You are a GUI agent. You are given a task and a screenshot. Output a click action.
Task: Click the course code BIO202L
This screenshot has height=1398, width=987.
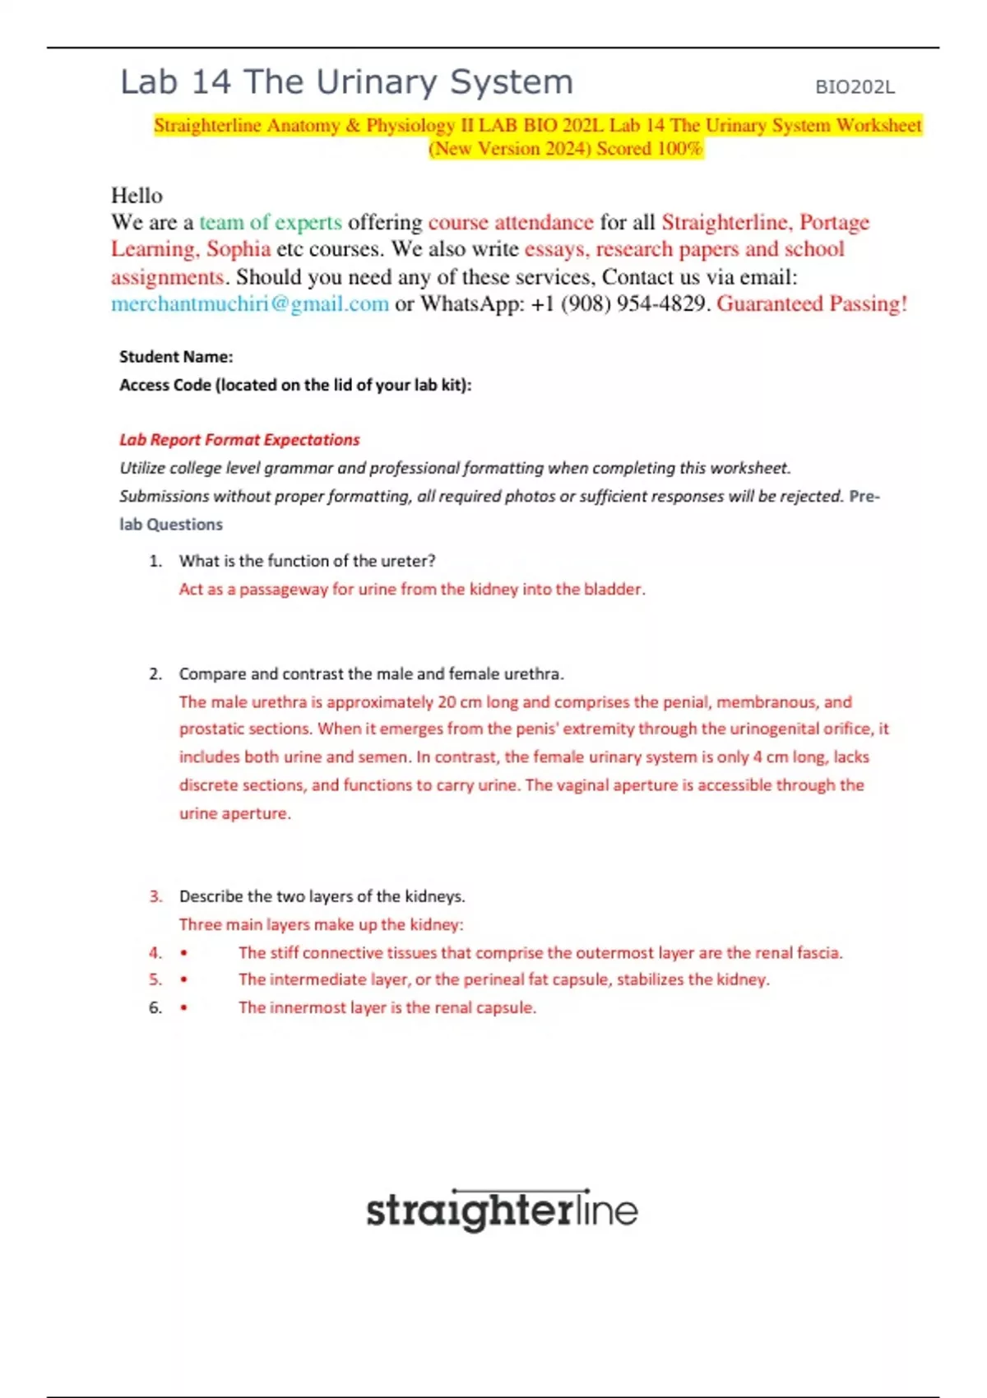[x=855, y=87]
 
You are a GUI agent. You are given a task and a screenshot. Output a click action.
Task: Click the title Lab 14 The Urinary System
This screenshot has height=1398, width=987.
[x=346, y=82]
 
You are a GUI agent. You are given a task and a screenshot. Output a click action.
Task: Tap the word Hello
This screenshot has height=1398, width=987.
[x=137, y=196]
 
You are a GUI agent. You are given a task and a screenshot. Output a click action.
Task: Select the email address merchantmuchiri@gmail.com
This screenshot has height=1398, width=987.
[x=250, y=304]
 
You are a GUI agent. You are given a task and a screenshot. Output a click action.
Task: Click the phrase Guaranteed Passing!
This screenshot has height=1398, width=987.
[x=812, y=304]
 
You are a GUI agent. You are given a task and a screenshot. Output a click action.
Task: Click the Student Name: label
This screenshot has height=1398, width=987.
[x=176, y=357]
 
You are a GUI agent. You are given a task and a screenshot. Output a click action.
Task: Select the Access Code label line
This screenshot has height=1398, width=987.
[x=295, y=385]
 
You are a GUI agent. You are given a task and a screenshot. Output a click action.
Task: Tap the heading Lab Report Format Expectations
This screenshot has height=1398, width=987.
[x=239, y=440]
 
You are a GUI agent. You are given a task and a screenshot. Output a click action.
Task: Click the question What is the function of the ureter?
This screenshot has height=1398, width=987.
[x=307, y=561]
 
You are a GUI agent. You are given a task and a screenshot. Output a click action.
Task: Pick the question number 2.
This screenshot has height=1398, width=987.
[x=155, y=674]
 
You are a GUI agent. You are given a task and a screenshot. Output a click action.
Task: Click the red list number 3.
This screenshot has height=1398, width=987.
[x=155, y=896]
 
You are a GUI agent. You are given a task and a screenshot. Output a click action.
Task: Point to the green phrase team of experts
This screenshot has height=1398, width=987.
[x=270, y=223]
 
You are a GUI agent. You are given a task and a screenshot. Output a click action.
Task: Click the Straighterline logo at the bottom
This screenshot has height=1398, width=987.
[x=502, y=1211]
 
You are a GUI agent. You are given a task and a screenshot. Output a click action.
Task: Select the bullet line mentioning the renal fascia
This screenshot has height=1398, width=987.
[x=540, y=953]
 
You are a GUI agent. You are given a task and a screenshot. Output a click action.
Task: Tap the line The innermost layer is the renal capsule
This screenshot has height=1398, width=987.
[x=387, y=1007]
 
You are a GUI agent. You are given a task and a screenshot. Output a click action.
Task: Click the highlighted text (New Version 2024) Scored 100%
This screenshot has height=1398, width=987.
[x=566, y=149]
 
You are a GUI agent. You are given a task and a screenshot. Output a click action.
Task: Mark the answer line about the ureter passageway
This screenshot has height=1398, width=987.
[x=412, y=589]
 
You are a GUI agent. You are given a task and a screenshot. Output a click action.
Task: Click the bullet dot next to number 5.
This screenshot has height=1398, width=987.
[x=183, y=980]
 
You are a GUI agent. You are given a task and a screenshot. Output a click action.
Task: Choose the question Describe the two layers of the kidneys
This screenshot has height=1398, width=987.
[x=322, y=896]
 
